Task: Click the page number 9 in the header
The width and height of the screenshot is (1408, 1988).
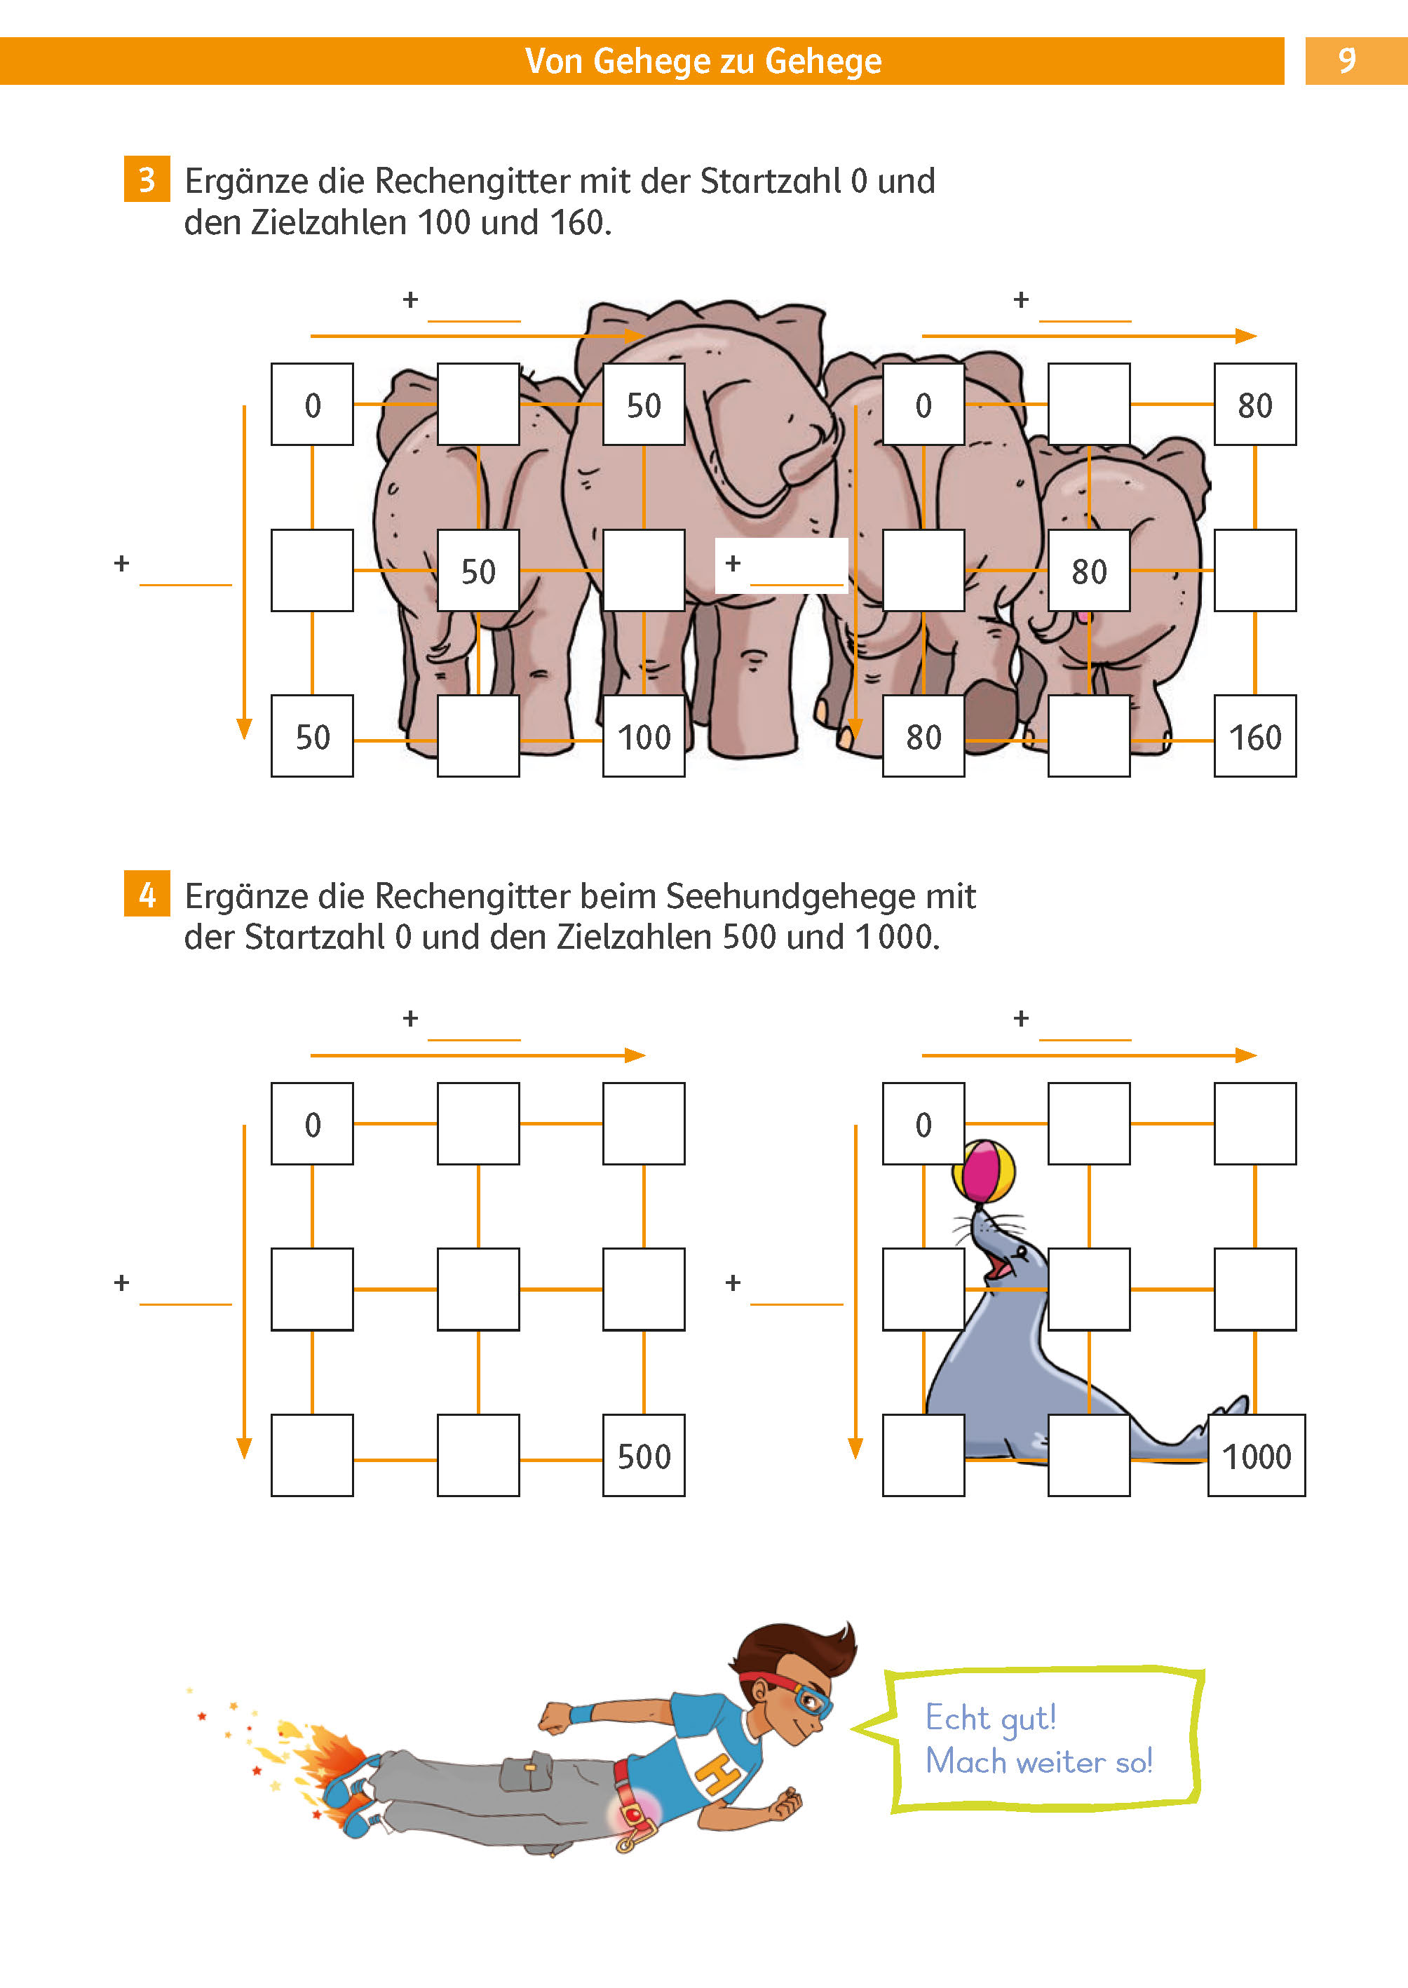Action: click(x=1346, y=61)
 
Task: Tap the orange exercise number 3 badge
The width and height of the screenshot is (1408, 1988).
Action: click(x=147, y=180)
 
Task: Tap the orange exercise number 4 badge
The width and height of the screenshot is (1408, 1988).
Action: click(x=147, y=894)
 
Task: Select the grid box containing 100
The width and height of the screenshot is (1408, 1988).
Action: click(x=643, y=736)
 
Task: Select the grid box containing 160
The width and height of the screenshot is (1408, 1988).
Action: click(x=1254, y=736)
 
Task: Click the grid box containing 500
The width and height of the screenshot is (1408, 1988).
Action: click(x=643, y=1456)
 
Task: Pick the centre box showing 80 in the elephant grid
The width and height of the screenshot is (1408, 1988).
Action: click(x=1088, y=571)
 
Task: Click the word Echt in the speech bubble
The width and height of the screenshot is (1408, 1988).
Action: click(x=957, y=1717)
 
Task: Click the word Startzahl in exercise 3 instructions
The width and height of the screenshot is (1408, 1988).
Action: click(x=770, y=181)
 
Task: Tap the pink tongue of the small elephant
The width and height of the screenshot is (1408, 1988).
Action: click(x=1083, y=616)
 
